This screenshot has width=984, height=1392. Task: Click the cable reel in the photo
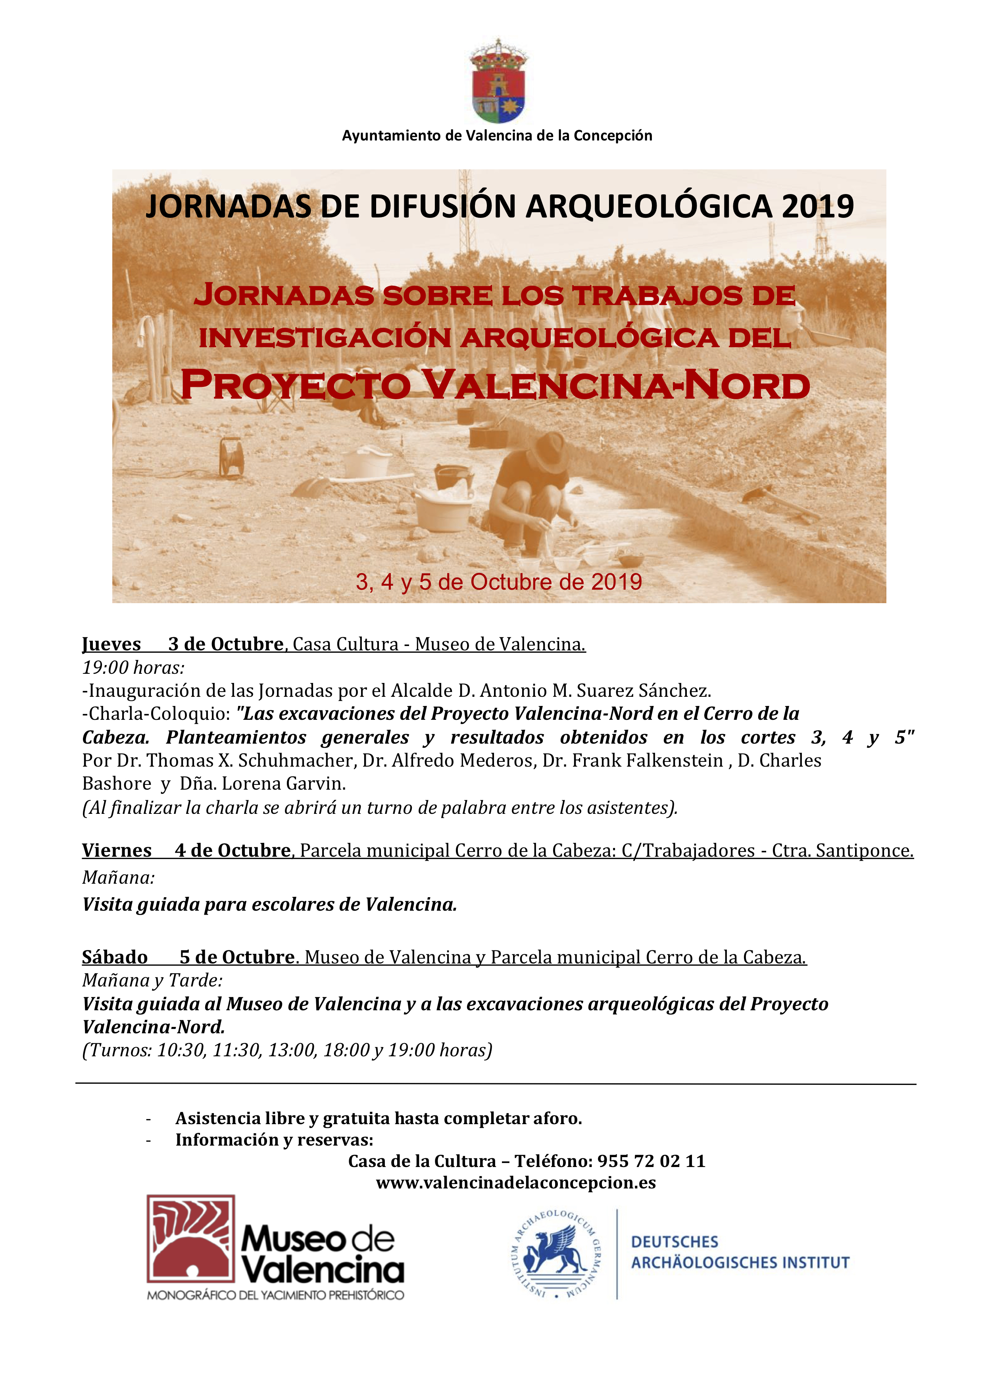tap(231, 456)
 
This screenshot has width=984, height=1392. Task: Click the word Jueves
tap(111, 644)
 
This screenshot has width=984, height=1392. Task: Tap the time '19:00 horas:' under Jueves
tap(133, 667)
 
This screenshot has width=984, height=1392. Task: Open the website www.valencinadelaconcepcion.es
tap(515, 1183)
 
